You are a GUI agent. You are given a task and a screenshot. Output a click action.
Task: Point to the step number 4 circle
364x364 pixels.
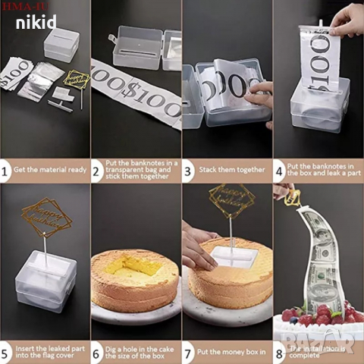[279, 172]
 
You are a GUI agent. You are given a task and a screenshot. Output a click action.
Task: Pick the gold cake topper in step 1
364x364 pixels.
[76, 79]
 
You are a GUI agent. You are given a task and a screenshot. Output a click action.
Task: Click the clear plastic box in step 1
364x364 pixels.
[60, 44]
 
